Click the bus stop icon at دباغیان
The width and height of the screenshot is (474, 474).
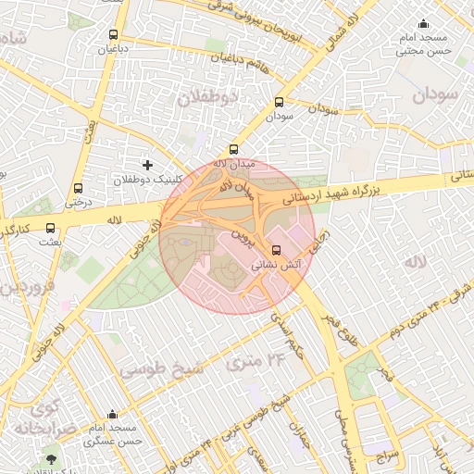[x=100, y=35]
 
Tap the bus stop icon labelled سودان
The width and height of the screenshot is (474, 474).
[x=279, y=103]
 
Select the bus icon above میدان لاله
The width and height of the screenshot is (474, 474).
[x=233, y=149]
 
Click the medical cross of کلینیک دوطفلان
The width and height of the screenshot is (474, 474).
[x=146, y=164]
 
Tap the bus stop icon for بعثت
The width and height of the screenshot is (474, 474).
[x=50, y=228]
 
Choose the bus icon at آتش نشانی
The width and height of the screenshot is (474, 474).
[x=275, y=250]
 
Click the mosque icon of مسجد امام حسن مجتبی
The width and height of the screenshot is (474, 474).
[x=424, y=24]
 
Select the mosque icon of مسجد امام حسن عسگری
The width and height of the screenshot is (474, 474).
[x=113, y=415]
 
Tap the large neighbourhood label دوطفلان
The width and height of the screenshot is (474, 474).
[x=207, y=96]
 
